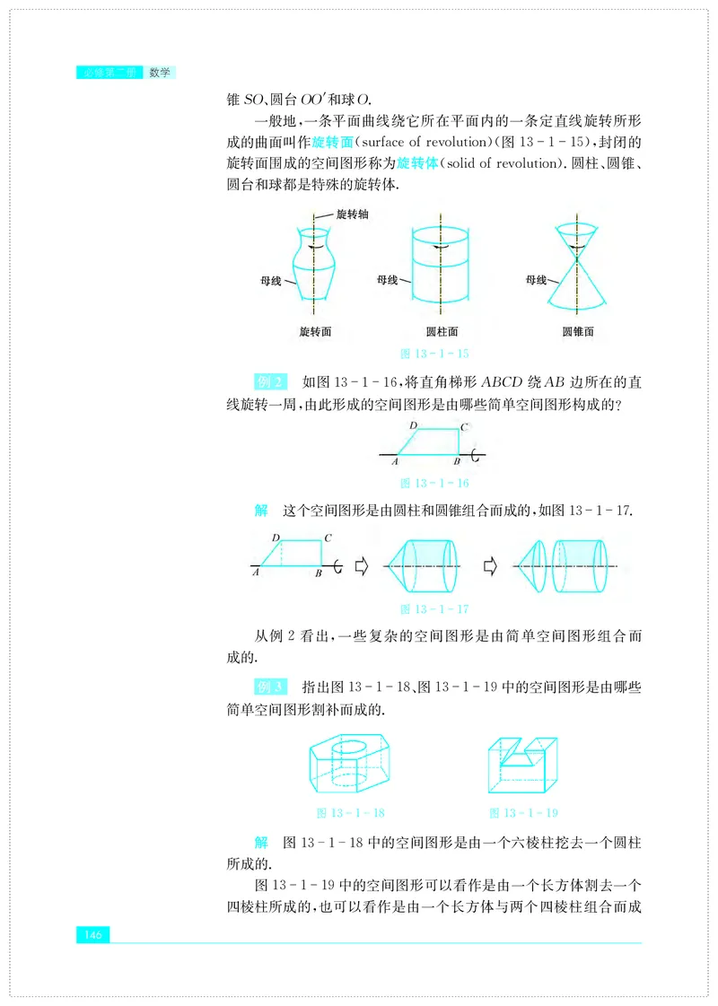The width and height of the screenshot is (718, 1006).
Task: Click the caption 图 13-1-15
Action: (439, 353)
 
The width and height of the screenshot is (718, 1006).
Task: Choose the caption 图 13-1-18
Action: (351, 812)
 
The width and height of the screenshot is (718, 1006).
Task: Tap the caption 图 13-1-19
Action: (524, 812)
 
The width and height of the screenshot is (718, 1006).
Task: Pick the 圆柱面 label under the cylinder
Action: (441, 331)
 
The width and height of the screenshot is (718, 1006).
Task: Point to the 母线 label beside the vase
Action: (271, 281)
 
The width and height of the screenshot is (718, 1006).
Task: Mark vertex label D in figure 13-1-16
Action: (413, 424)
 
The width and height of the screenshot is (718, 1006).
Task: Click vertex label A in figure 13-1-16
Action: (395, 461)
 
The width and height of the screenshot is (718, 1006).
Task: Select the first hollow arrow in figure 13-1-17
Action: (363, 566)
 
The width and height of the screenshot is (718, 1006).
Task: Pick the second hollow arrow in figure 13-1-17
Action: (490, 566)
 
